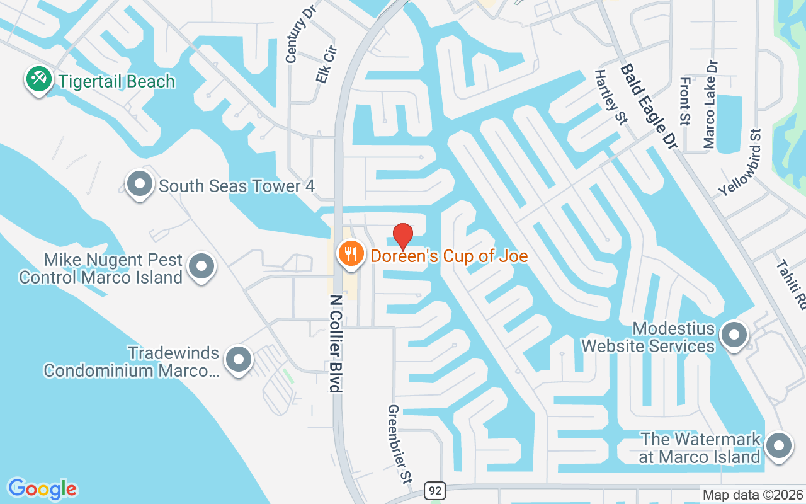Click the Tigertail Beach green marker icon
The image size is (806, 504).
(x=39, y=80)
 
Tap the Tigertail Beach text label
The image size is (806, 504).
(x=116, y=81)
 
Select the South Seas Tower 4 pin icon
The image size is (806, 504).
(x=140, y=185)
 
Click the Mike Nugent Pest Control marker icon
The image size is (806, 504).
(x=201, y=266)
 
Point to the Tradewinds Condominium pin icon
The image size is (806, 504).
(x=238, y=360)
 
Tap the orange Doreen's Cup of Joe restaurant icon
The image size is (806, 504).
(x=349, y=255)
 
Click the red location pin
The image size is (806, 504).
(x=403, y=236)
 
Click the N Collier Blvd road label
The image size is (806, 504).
(x=336, y=344)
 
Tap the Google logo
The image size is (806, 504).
(x=42, y=489)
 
